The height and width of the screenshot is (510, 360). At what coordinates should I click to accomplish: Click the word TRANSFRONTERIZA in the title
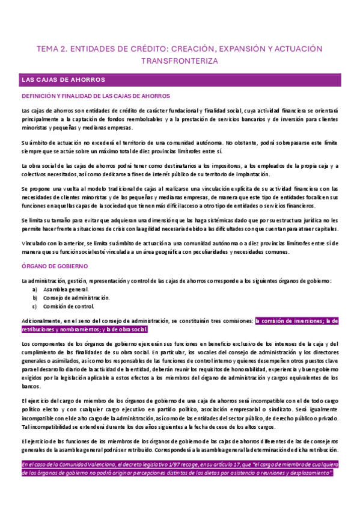click(x=179, y=61)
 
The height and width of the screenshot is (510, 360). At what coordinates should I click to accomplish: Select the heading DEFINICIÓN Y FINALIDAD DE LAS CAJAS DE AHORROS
click(x=96, y=96)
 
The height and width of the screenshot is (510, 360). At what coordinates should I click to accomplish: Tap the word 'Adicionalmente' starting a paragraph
click(x=40, y=321)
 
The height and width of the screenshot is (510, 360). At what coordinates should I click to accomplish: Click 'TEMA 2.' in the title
click(x=51, y=48)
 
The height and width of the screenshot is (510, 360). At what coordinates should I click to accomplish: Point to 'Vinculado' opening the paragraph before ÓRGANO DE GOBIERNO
click(x=34, y=242)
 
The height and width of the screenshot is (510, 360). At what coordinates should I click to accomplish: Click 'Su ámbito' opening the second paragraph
click(x=35, y=143)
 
